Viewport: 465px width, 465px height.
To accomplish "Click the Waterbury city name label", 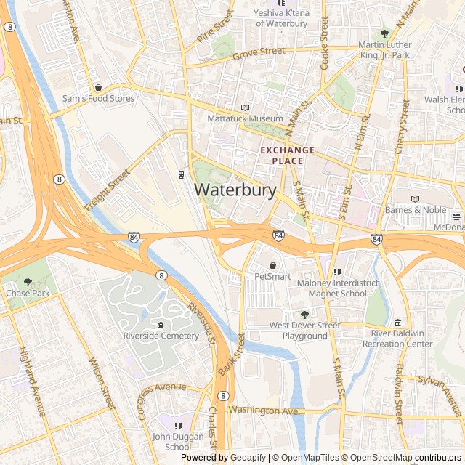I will pyautogui.click(x=235, y=190).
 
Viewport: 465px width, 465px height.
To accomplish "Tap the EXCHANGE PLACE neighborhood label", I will pyautogui.click(x=288, y=155).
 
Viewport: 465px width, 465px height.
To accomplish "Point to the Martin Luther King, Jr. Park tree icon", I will pyautogui.click(x=384, y=33).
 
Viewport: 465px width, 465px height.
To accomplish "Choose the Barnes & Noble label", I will pyautogui.click(x=415, y=210).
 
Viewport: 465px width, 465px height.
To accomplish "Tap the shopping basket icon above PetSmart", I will pyautogui.click(x=272, y=266).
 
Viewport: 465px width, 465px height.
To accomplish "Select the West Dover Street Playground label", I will pyautogui.click(x=304, y=331).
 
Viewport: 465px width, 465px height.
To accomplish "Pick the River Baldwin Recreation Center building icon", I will pyautogui.click(x=397, y=323).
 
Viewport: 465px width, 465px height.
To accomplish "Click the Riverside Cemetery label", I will pyautogui.click(x=161, y=336).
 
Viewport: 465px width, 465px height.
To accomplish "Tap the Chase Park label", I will pyautogui.click(x=28, y=293).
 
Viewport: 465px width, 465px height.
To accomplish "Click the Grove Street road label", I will pyautogui.click(x=259, y=52).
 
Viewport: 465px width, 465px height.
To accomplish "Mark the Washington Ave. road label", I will pyautogui.click(x=264, y=411).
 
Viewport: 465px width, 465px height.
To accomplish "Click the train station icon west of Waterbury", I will pyautogui.click(x=181, y=174).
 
